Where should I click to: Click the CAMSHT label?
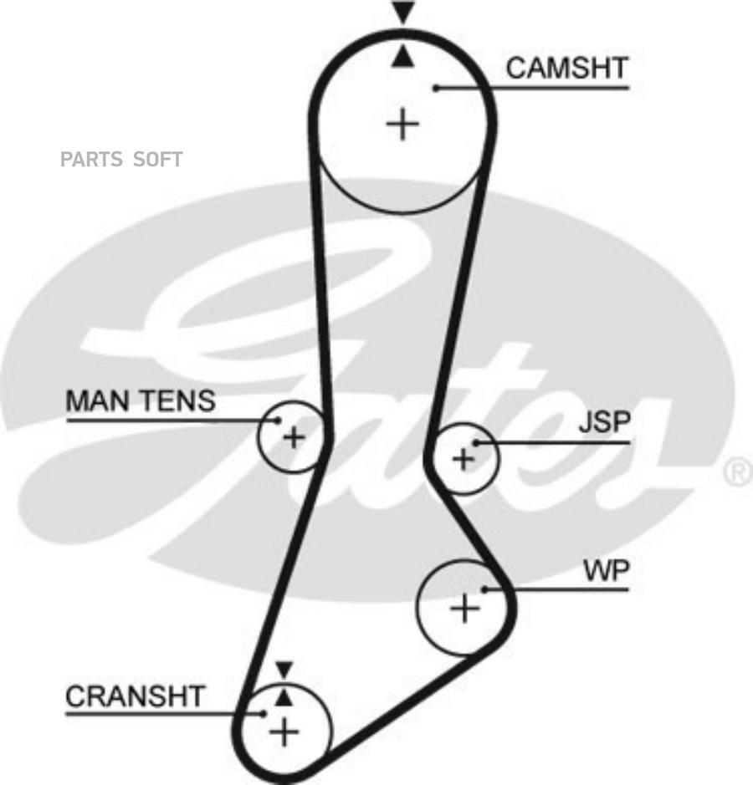(566, 68)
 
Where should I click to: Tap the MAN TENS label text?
(141, 400)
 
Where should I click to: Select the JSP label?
(604, 422)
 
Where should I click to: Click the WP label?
(607, 571)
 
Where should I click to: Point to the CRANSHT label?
(136, 696)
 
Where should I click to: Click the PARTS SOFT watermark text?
(121, 159)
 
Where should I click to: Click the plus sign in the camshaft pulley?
(402, 124)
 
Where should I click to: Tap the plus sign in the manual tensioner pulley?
(294, 437)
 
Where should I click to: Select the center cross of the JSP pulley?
(464, 459)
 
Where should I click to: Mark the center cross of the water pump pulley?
(465, 608)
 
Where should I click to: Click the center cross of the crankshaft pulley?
(284, 732)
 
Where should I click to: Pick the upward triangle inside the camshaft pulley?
(402, 57)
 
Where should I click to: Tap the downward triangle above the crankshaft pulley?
(284, 670)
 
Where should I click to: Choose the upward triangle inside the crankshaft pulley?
(284, 698)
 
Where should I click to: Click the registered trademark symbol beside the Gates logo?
(738, 472)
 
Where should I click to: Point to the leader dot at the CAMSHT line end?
(437, 88)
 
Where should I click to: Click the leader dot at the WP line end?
(484, 589)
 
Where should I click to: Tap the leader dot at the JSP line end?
(476, 442)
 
